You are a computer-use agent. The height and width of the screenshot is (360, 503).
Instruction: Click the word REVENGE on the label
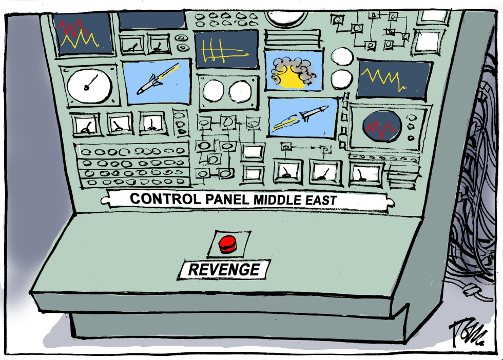click(224, 270)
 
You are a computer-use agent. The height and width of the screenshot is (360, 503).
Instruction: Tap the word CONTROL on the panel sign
click(165, 199)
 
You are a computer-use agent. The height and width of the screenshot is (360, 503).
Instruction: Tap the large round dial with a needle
click(89, 86)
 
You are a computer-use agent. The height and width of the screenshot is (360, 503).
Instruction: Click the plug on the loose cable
click(471, 290)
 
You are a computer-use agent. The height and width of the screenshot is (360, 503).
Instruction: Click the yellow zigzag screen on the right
click(393, 79)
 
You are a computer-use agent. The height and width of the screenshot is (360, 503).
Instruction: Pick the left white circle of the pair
click(214, 90)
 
